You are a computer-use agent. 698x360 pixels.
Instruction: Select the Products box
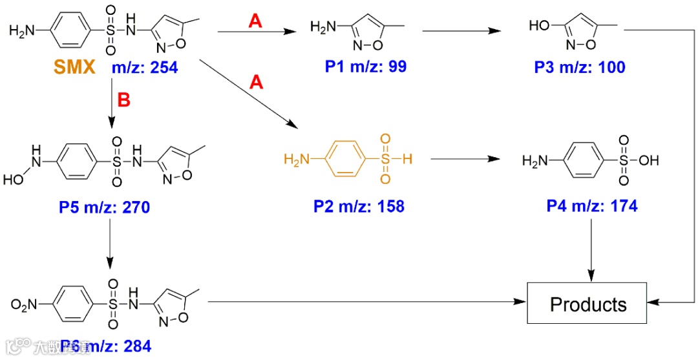click(x=588, y=304)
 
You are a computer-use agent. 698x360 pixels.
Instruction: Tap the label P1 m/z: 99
click(x=366, y=66)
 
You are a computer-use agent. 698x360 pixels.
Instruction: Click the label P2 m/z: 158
click(x=359, y=206)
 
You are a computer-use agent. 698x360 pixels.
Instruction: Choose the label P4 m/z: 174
click(x=592, y=206)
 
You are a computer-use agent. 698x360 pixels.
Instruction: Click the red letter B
click(x=123, y=101)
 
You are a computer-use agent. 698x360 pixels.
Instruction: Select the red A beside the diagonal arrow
click(x=257, y=83)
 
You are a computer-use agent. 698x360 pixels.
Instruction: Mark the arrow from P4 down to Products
click(x=592, y=249)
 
